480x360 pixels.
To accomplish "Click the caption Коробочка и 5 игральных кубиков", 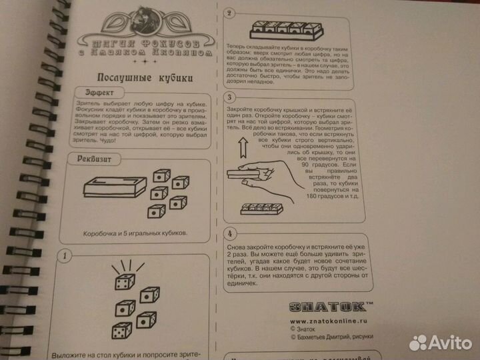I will [x=135, y=235].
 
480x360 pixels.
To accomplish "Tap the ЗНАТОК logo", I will [x=329, y=307].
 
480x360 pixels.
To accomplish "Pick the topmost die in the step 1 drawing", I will [x=125, y=283].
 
